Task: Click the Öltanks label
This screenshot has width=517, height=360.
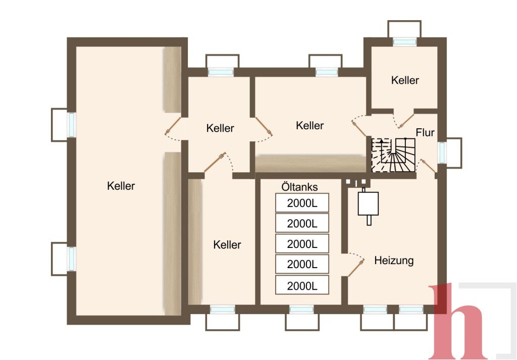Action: point(299,187)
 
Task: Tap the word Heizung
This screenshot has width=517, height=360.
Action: point(394,261)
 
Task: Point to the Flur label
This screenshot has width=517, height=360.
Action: point(425,132)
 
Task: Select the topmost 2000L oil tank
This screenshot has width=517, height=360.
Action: point(302,203)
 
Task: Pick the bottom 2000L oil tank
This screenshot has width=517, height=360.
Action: point(302,285)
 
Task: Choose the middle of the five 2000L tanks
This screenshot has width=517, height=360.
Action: point(302,244)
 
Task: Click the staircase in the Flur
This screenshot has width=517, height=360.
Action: point(393,155)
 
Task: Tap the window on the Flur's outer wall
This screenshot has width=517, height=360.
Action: point(442,152)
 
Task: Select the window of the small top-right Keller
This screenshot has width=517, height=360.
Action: point(404,42)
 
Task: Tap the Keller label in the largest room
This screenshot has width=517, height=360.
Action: point(121,186)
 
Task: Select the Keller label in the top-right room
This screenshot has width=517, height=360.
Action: point(405,80)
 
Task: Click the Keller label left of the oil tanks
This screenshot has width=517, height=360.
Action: point(227,244)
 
